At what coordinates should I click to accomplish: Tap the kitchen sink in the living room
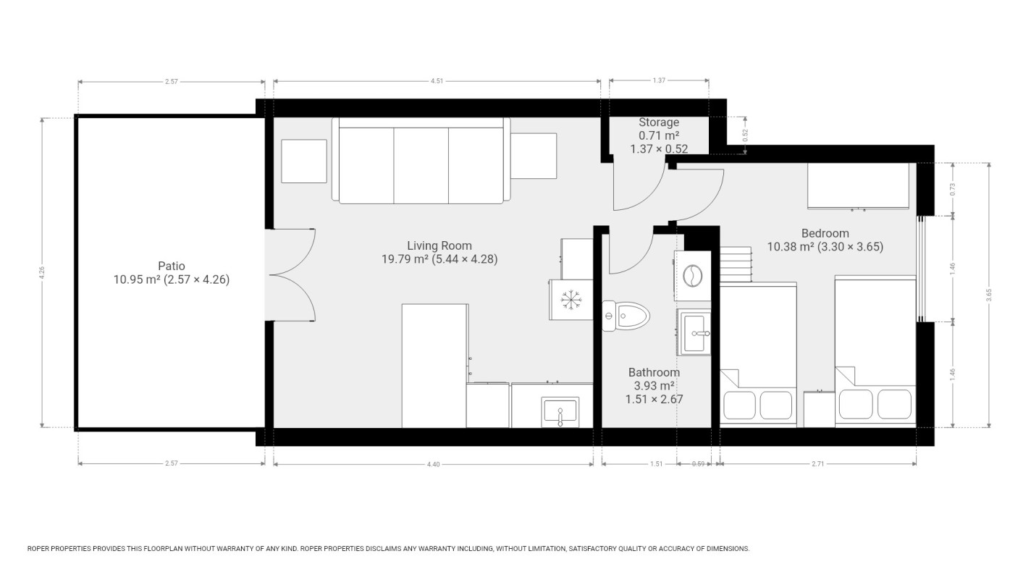pyautogui.click(x=560, y=411)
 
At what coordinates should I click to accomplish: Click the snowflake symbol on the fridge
pyautogui.click(x=572, y=298)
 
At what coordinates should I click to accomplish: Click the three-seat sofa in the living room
pyautogui.click(x=421, y=162)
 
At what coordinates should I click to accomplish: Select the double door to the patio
pyautogui.click(x=291, y=274)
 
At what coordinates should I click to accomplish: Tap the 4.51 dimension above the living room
pyautogui.click(x=437, y=82)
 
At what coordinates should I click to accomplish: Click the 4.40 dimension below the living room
pyautogui.click(x=432, y=464)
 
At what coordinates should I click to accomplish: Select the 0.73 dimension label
pyautogui.click(x=953, y=189)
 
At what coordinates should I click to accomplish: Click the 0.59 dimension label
pyautogui.click(x=698, y=464)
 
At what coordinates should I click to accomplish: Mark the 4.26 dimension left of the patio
pyautogui.click(x=42, y=272)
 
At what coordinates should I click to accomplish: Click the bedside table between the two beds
pyautogui.click(x=819, y=409)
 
